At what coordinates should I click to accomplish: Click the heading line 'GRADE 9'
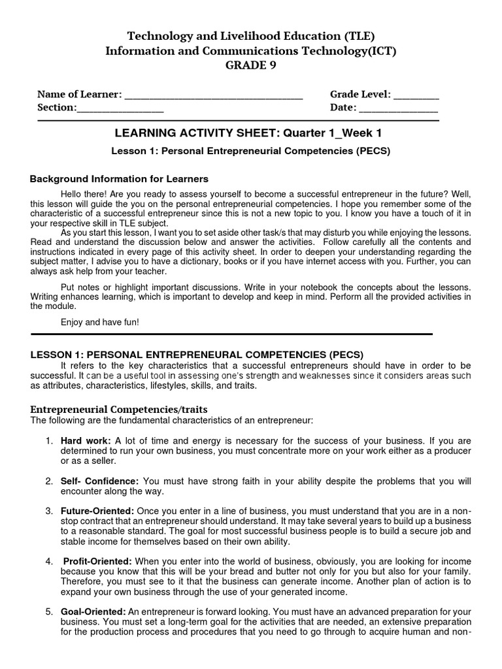click(250, 65)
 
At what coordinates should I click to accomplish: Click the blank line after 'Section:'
click(120, 108)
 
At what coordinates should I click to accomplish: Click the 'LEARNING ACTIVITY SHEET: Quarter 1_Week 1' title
click(248, 133)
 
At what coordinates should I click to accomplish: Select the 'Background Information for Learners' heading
click(120, 178)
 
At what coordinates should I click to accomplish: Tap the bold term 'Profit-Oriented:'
click(98, 561)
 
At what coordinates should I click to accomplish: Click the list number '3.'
click(49, 510)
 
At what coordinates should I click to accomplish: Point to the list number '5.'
click(49, 612)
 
